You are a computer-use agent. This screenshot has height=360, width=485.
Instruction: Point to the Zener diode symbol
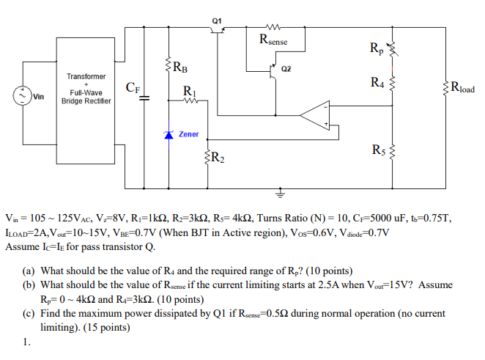(x=169, y=135)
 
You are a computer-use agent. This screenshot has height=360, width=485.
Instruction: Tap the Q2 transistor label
(x=286, y=69)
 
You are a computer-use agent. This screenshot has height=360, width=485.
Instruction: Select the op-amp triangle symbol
(x=317, y=114)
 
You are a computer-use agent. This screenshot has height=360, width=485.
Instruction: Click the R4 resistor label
(x=377, y=81)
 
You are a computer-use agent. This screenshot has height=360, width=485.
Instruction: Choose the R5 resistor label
(x=378, y=151)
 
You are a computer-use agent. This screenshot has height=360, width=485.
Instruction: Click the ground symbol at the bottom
(x=279, y=194)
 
